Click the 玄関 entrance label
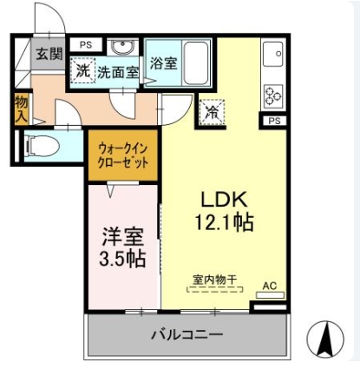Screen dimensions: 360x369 (49, 54)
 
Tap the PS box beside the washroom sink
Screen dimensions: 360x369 (86, 45)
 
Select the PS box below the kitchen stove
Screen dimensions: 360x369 (274, 121)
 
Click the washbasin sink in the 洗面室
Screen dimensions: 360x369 (122, 47)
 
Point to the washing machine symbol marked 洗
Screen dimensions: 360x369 (83, 70)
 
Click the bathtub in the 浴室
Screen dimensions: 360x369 (196, 63)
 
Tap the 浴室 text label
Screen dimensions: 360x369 (163, 63)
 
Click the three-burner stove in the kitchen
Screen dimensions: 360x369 (273, 96)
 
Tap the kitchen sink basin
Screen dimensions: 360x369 (272, 54)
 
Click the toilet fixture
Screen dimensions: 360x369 (42, 146)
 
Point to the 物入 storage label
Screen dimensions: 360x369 (22, 109)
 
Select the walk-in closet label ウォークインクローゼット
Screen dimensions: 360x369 (123, 155)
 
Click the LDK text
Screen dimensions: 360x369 (224, 200)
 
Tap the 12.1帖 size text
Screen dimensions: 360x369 (225, 222)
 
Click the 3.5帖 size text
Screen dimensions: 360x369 (122, 259)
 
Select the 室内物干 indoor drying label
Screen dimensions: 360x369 (214, 280)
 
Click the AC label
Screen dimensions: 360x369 (270, 286)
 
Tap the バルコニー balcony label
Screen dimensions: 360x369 (187, 335)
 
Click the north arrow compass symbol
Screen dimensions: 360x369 (325, 339)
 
